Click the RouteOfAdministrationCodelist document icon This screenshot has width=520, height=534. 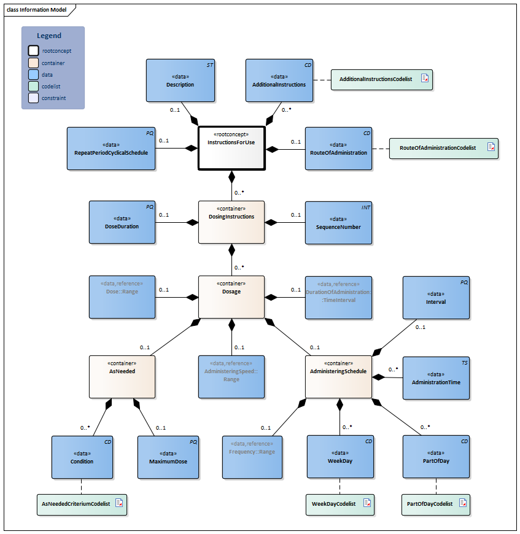pos(491,147)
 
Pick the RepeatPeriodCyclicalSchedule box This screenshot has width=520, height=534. pos(111,149)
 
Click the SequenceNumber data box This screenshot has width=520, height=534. pos(338,222)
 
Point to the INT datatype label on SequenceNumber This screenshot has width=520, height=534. pos(365,207)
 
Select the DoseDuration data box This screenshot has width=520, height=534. pos(122,222)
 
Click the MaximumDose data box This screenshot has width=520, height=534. pos(168,457)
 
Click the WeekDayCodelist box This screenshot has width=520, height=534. pos(340,503)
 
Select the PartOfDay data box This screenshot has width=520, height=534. pos(436,457)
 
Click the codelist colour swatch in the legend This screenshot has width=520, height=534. pos(34,86)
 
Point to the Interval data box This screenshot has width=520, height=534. pos(436,298)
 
